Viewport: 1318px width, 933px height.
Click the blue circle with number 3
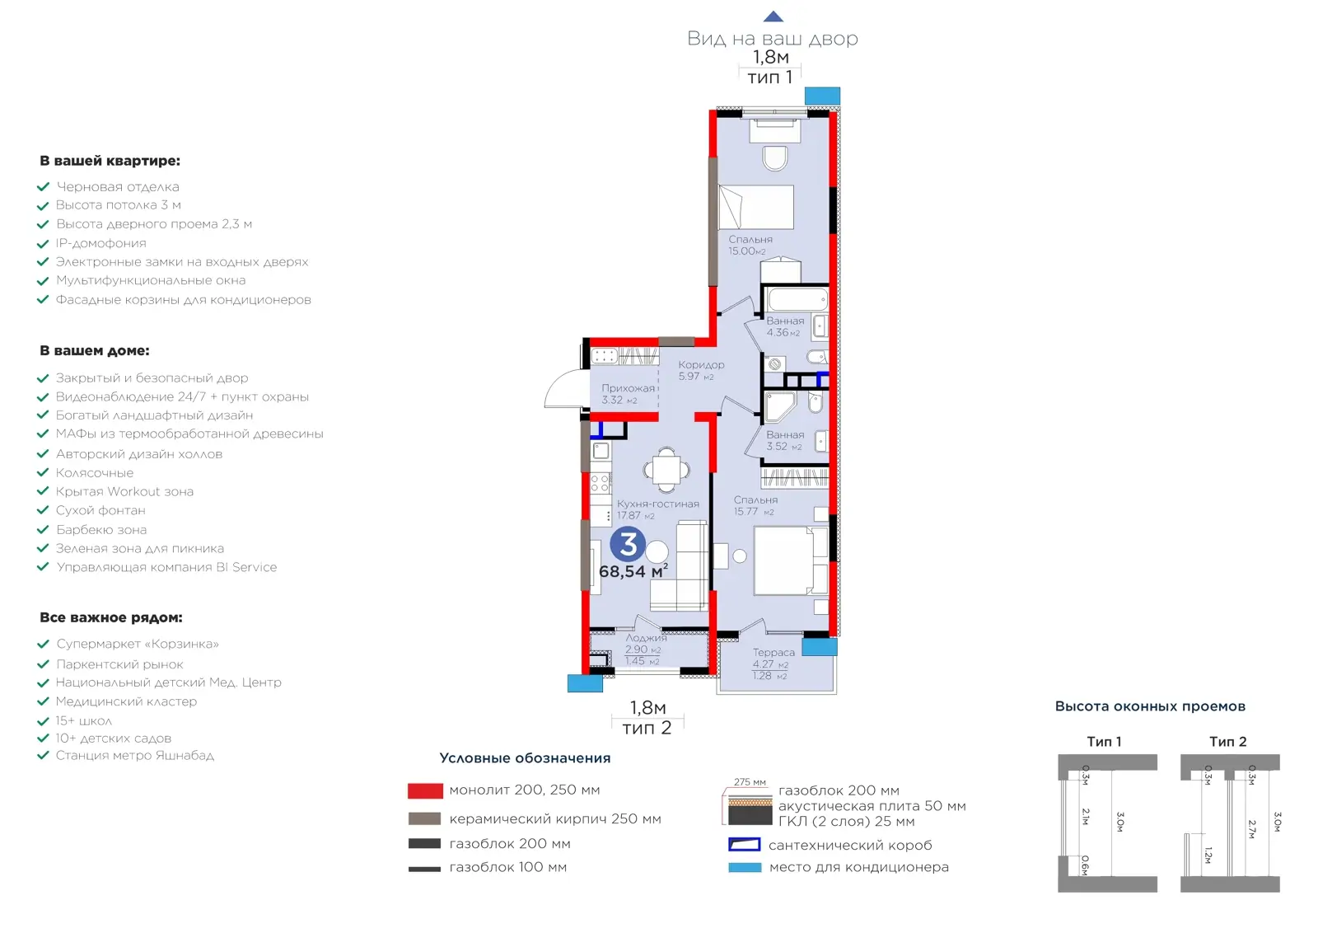click(628, 544)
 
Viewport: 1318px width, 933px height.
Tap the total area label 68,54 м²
click(633, 571)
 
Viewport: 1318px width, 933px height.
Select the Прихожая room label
click(628, 388)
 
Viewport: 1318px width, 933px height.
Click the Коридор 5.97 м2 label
click(701, 370)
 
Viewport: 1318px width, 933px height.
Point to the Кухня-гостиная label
click(658, 504)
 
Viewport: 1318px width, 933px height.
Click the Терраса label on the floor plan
click(774, 652)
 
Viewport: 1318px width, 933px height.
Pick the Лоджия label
click(646, 637)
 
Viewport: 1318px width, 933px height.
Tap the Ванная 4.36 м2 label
click(785, 326)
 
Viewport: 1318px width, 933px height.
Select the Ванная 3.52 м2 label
click(785, 440)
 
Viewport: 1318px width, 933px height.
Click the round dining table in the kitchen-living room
click(666, 470)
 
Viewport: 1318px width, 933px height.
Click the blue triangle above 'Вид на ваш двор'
click(774, 16)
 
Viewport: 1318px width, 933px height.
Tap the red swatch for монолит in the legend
click(425, 790)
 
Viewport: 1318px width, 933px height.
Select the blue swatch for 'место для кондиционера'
click(745, 867)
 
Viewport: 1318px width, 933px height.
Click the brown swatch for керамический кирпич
click(425, 818)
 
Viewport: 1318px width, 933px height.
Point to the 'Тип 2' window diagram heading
click(1228, 742)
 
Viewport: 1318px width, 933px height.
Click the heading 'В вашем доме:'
click(95, 351)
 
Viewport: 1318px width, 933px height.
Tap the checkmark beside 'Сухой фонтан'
click(43, 510)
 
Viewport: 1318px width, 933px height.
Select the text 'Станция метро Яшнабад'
click(135, 755)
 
